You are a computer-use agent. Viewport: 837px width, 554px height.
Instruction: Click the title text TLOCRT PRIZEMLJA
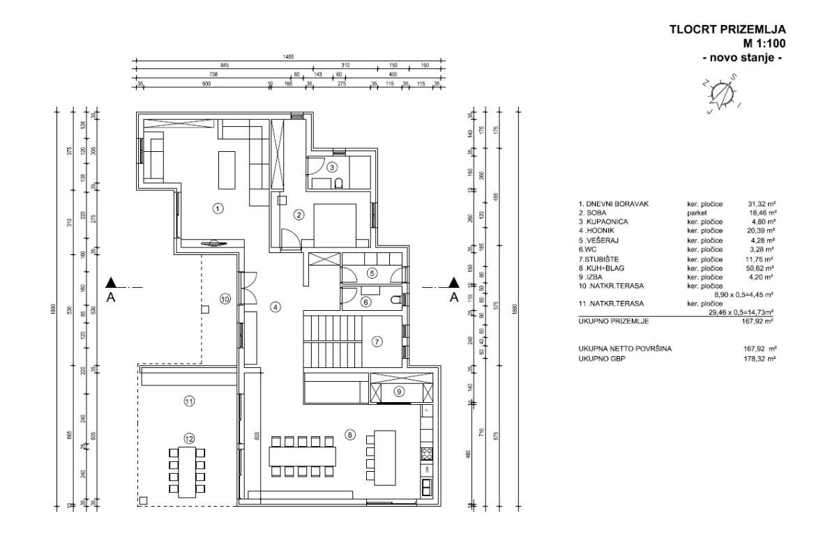pos(727,29)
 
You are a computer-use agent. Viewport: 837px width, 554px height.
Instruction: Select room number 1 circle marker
pos(218,208)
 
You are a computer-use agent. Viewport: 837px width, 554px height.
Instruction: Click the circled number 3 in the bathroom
pos(333,167)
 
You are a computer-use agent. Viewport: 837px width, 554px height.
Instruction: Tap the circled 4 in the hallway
pos(276,307)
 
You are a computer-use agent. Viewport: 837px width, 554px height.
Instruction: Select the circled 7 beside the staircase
pos(377,341)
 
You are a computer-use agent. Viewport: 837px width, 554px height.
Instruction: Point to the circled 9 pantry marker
pos(399,392)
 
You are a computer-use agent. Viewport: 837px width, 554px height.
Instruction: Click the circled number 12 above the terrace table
pos(188,438)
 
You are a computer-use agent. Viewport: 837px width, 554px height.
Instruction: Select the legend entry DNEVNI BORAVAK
pos(613,203)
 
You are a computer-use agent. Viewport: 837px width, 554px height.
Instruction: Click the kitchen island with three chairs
pos(383,457)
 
